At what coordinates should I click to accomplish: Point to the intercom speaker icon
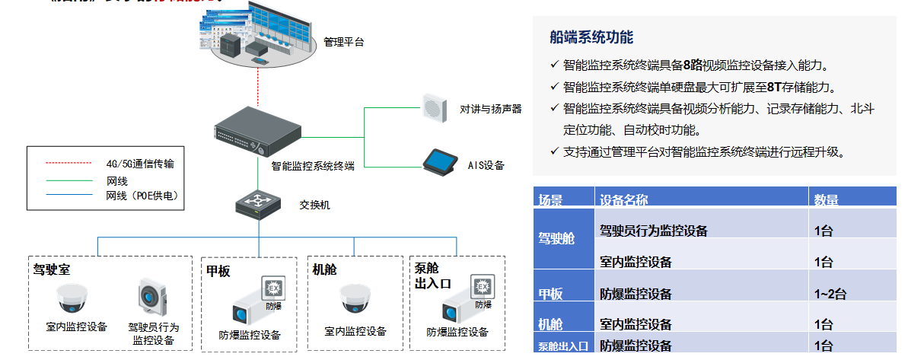click(433, 107)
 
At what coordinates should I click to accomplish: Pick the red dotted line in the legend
click(68, 163)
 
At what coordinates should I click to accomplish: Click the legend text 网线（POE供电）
click(142, 196)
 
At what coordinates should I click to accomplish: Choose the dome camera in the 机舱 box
click(355, 298)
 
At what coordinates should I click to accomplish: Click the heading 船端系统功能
click(591, 37)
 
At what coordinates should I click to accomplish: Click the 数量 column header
click(826, 200)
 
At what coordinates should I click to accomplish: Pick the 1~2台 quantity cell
click(830, 294)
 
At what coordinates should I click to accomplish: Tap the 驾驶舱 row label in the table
click(556, 238)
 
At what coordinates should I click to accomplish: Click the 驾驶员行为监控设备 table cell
click(654, 231)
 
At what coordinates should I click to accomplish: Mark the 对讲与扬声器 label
click(491, 109)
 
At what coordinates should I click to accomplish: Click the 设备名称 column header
click(624, 200)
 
